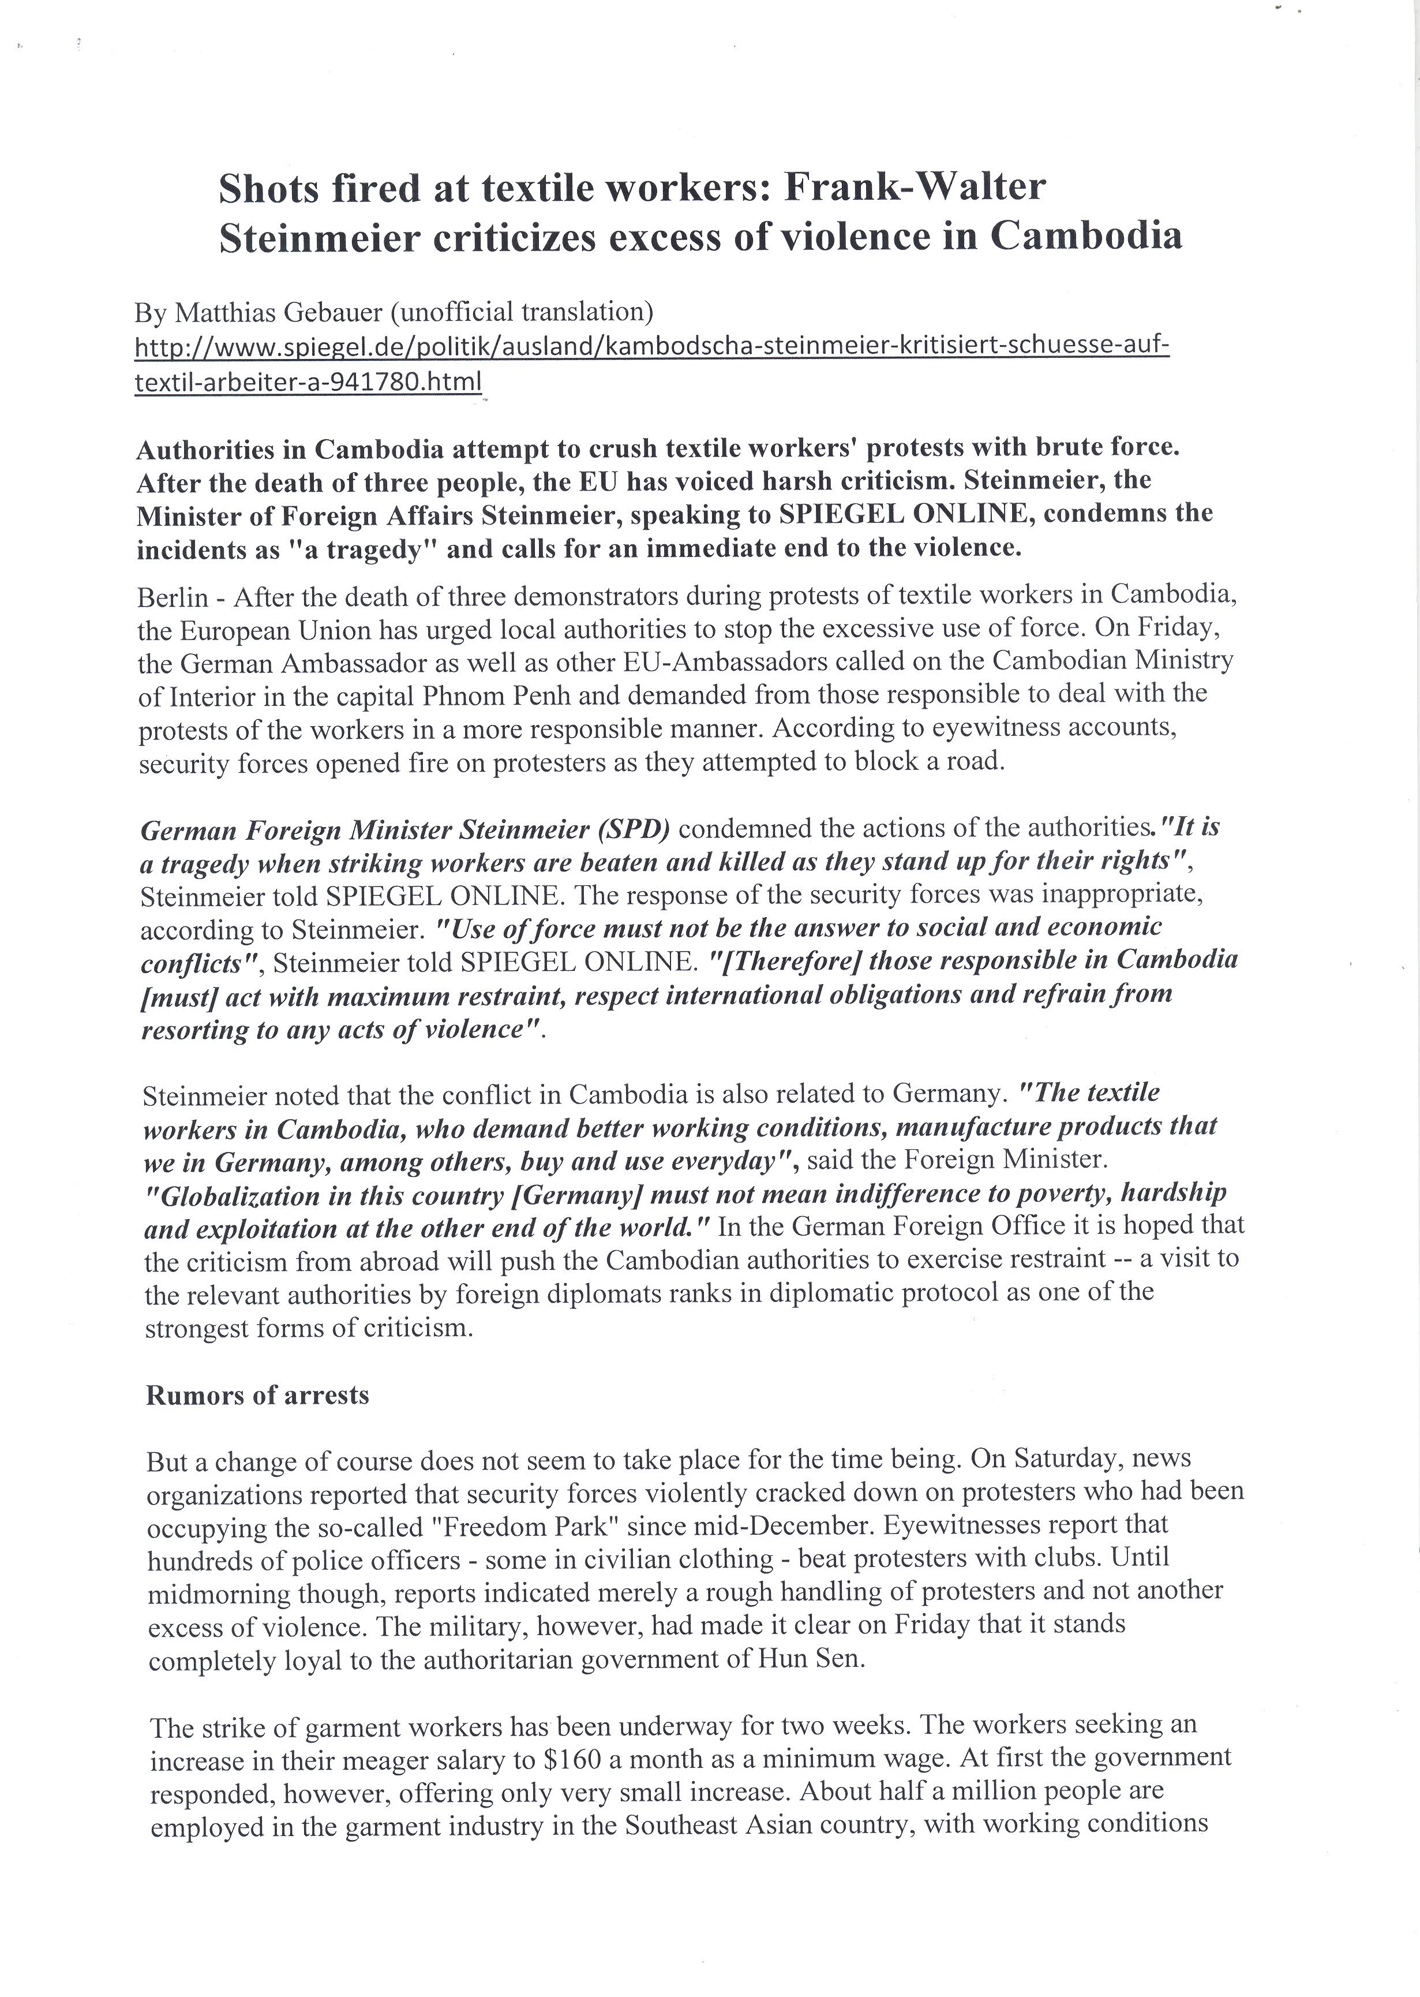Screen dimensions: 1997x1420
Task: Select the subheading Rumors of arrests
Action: pyautogui.click(x=257, y=1394)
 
